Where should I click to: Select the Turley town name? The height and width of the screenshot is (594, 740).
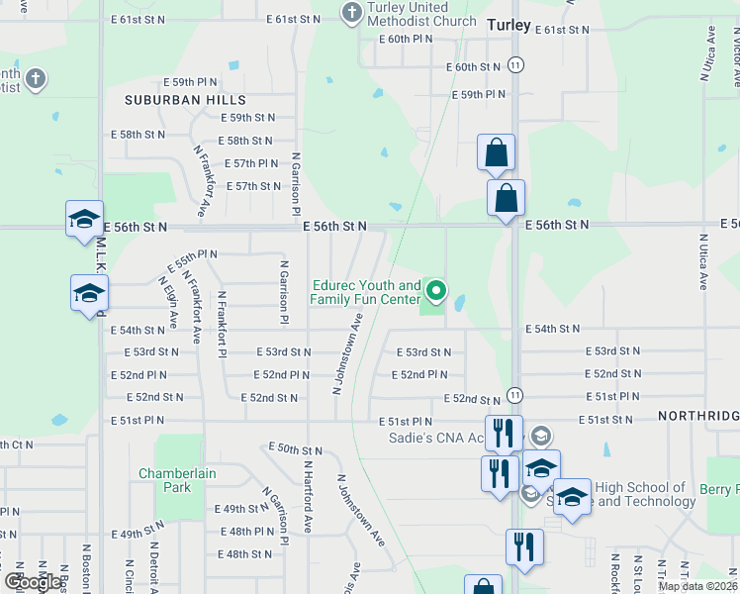click(x=509, y=25)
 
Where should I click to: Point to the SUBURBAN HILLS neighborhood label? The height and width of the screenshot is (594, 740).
click(x=185, y=100)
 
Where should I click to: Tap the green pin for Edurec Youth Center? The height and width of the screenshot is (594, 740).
click(x=436, y=290)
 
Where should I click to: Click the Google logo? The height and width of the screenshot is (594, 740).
click(x=33, y=582)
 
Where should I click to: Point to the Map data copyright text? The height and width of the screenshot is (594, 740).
click(x=696, y=586)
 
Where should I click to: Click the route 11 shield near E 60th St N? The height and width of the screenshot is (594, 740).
click(x=516, y=64)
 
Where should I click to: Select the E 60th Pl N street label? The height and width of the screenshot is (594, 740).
click(x=407, y=39)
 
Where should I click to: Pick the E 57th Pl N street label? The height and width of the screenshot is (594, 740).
click(x=251, y=163)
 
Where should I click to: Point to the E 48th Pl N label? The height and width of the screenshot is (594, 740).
click(x=249, y=532)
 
